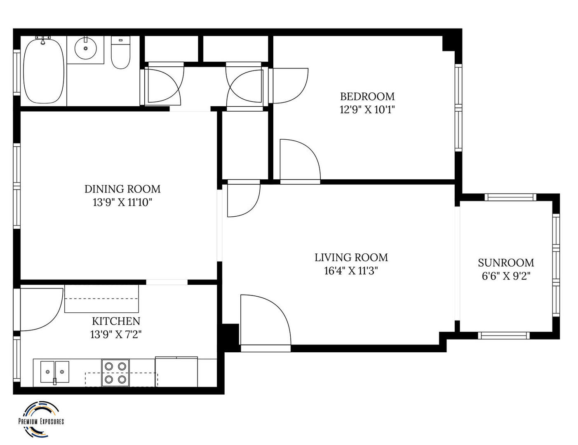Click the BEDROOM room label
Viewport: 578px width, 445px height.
point(367,96)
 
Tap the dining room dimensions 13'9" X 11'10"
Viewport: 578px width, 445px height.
point(122,203)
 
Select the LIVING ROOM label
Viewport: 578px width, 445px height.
point(351,258)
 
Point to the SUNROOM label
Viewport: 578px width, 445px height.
point(506,262)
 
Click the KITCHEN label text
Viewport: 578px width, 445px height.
point(116,321)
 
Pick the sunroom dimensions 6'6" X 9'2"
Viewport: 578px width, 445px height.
point(506,276)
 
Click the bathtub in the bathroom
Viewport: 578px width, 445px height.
point(44,71)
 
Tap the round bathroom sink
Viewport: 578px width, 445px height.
point(86,48)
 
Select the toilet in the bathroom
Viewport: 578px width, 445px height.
point(120,53)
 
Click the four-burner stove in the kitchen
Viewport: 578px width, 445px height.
point(115,373)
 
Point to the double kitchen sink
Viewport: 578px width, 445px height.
point(54,372)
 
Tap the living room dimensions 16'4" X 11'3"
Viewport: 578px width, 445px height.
point(351,271)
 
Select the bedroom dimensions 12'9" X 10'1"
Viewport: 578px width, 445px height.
point(367,110)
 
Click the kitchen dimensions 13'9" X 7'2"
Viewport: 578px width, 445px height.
point(116,335)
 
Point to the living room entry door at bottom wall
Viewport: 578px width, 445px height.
point(266,323)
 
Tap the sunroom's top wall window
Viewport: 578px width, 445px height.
point(510,197)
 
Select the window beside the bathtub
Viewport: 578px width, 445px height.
point(17,72)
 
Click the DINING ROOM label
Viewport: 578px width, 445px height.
point(122,189)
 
